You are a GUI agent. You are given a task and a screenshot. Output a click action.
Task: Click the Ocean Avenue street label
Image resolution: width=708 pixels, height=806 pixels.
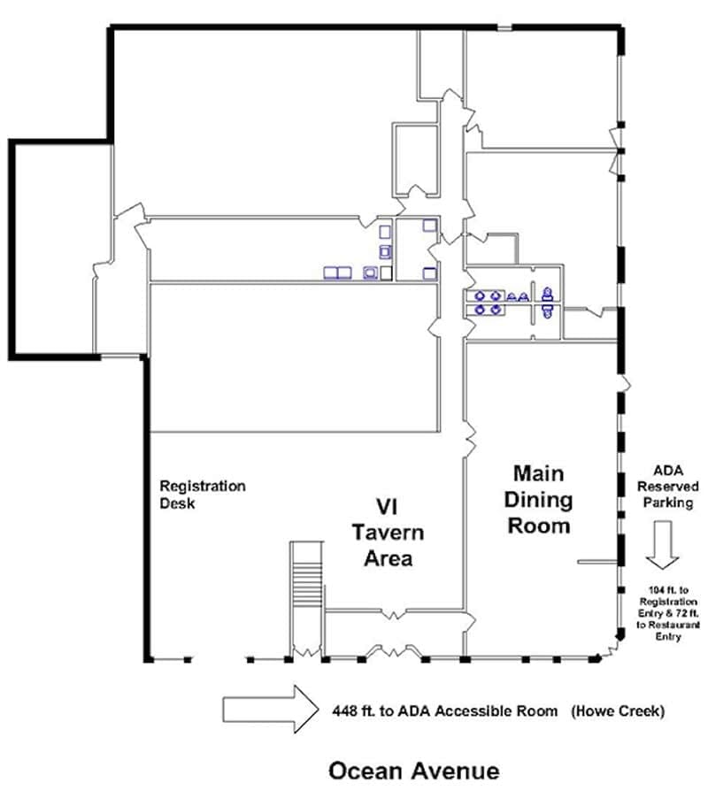414,771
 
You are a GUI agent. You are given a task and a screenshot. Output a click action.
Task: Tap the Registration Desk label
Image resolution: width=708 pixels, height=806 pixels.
203,495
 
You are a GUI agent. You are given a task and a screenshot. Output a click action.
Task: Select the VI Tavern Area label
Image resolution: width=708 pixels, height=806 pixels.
388,533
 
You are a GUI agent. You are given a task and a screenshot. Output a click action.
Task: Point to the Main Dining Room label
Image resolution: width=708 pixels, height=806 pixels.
538,500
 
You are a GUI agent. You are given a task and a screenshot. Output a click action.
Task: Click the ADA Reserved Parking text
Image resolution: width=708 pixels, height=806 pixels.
668,487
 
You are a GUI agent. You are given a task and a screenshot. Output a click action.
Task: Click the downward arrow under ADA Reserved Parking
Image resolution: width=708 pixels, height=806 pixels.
662,545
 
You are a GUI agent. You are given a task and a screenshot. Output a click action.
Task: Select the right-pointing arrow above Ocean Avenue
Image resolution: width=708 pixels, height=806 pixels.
271,710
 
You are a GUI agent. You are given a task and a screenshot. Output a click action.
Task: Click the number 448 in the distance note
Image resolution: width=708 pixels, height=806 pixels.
345,711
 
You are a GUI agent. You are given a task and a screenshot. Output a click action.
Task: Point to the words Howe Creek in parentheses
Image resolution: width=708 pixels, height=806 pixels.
618,711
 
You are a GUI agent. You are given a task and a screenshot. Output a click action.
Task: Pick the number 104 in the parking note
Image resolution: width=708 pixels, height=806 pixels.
656,590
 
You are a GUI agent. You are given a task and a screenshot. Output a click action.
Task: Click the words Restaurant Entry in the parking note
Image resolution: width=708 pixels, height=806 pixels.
668,631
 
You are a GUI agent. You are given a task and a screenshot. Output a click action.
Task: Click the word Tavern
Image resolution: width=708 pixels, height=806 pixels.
389,533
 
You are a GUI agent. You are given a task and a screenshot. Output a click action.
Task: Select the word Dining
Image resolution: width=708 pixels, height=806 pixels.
538,500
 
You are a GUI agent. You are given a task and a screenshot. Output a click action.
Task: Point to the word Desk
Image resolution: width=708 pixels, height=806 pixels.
177,503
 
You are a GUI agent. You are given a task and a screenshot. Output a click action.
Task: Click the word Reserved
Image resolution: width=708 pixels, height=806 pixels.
668,487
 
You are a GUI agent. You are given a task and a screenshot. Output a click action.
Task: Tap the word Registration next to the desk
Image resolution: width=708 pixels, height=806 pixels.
203,487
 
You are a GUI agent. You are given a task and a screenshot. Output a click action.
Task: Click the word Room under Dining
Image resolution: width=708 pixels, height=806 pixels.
539,526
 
